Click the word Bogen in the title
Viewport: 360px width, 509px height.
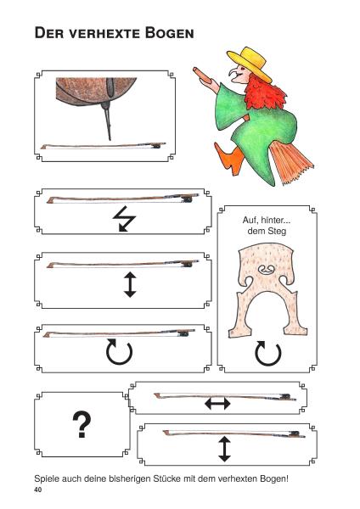point(169,33)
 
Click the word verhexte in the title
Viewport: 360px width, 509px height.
point(104,33)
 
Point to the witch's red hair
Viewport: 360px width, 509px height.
point(264,94)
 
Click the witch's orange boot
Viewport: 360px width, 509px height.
point(232,159)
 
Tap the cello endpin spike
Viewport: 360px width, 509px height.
point(107,121)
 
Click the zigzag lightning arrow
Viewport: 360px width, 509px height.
point(124,219)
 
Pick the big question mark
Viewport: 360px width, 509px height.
point(82,424)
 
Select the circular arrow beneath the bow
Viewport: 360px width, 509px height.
point(119,352)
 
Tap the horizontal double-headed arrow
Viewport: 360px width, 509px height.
point(217,404)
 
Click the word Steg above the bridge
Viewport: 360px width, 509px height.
point(276,231)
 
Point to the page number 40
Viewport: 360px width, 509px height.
point(38,489)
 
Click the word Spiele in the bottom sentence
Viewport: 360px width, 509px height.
point(47,478)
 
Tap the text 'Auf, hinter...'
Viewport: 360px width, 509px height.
point(267,220)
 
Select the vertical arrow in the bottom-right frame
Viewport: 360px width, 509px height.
point(224,449)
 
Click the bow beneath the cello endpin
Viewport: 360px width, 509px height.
point(103,146)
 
